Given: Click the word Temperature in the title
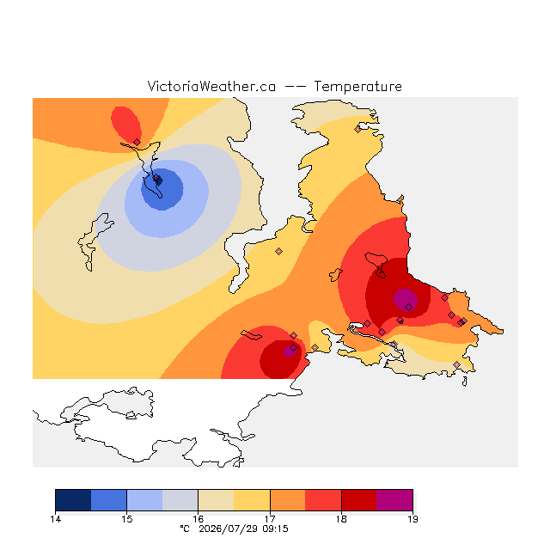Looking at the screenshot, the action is [x=357, y=86].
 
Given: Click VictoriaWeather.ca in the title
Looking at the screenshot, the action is [x=211, y=86].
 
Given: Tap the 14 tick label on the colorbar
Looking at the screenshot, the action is [x=55, y=519].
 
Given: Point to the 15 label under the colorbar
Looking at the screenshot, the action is [x=126, y=519].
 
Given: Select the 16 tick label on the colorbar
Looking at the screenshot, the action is [x=199, y=519].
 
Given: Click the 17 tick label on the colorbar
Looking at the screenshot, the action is [x=270, y=519].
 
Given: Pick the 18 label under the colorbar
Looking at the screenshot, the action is [x=341, y=519].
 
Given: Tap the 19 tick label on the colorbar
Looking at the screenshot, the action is [x=412, y=519].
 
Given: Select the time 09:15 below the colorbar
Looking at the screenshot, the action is [x=275, y=529].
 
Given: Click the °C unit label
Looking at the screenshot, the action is [x=185, y=529].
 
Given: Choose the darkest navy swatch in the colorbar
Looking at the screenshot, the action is [x=73, y=500].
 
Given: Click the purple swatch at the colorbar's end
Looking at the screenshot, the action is [x=394, y=500].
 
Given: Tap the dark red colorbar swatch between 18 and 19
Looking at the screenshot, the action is [x=359, y=500].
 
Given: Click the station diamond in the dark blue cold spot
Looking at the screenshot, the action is [x=156, y=178].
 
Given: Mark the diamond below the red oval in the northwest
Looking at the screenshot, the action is [x=137, y=142].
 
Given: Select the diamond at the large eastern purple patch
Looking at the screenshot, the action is [x=409, y=308].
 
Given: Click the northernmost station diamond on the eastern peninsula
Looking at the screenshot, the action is [x=357, y=129].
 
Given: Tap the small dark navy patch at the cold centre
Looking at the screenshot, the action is [x=159, y=181].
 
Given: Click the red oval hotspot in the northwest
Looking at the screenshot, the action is [x=126, y=125].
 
